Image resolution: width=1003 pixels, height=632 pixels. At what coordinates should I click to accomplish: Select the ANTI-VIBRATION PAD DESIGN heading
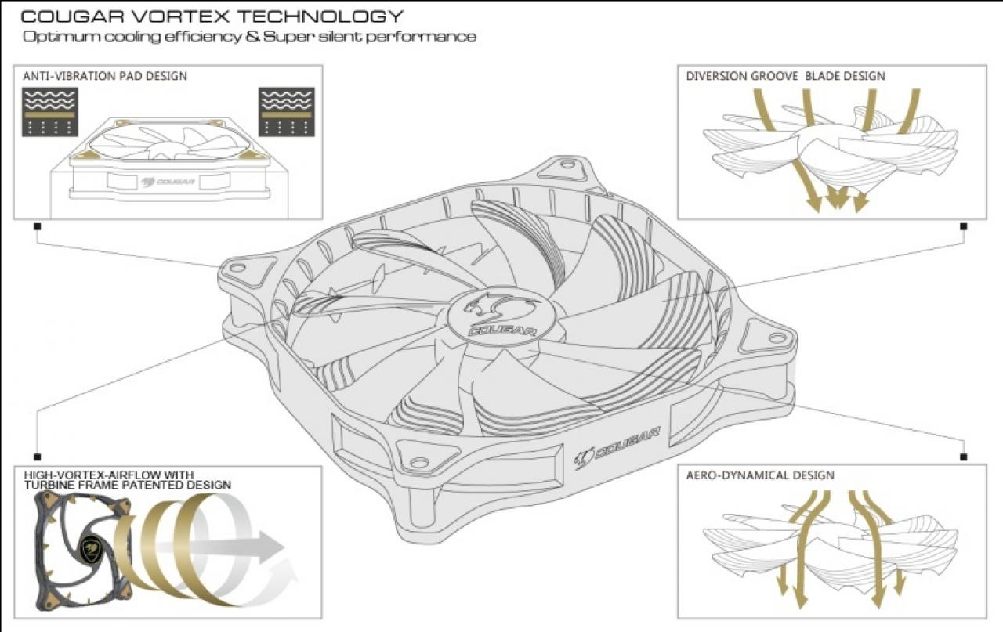(105, 76)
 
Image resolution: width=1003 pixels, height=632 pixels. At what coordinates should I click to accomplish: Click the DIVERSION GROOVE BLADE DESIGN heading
(785, 76)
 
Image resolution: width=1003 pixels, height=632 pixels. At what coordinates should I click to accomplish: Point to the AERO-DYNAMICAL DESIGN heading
(760, 475)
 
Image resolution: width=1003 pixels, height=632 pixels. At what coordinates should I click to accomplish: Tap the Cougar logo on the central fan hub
(501, 316)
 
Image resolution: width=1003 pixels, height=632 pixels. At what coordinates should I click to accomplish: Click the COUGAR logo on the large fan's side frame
(617, 448)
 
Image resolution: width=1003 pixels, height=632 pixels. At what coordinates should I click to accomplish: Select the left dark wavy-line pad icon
(49, 112)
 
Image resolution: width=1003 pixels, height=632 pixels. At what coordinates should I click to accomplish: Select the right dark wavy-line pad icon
(287, 112)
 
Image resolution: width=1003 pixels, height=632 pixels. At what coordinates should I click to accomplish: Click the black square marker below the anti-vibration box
(38, 226)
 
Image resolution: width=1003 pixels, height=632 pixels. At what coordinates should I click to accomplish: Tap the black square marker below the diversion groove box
(964, 226)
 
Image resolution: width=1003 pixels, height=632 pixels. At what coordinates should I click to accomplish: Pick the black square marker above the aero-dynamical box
(964, 457)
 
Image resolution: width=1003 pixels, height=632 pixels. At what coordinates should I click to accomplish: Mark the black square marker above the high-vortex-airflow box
(38, 457)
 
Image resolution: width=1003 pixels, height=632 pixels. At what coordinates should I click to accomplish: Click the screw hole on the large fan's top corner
(568, 164)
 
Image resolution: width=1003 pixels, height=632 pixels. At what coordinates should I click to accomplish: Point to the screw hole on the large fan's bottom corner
(419, 461)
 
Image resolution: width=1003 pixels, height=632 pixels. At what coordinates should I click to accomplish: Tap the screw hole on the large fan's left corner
(237, 268)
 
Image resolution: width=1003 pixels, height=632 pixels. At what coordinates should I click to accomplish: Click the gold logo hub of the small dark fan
(90, 547)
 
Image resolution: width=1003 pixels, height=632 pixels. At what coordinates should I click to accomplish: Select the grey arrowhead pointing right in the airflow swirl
(270, 547)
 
